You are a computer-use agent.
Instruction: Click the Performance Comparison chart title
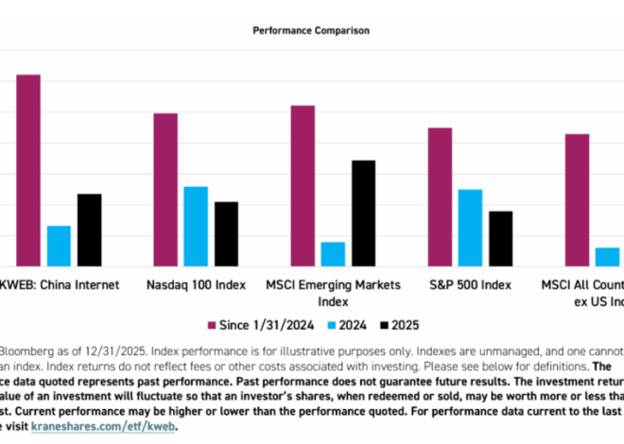[311, 30]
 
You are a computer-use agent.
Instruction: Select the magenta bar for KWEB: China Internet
[28, 170]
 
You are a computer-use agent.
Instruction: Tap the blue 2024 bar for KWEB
[59, 246]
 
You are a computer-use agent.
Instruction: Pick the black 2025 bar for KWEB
[89, 230]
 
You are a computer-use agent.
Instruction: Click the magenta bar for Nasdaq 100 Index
[165, 190]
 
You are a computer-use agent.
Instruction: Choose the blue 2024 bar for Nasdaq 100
[196, 227]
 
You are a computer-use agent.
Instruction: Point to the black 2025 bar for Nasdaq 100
[226, 234]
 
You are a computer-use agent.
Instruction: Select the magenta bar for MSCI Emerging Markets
[303, 186]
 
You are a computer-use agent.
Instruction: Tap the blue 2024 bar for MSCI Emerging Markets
[333, 254]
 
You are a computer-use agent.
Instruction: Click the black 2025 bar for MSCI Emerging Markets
[363, 213]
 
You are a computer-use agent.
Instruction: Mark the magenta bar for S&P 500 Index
[440, 196]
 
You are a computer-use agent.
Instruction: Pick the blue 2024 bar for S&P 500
[470, 228]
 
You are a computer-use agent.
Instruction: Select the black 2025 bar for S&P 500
[500, 239]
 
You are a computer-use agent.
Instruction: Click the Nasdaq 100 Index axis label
[197, 284]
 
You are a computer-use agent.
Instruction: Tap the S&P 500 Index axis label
[470, 284]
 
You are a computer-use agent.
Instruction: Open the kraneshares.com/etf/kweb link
[103, 426]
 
